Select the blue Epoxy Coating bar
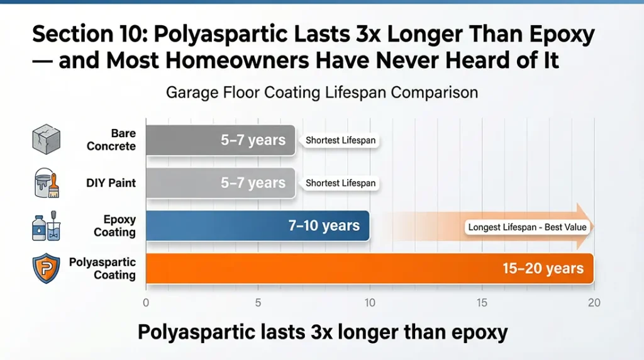click(220, 225)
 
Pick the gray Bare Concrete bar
click(189, 140)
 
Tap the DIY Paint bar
click(189, 183)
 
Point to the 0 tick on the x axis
click(146, 303)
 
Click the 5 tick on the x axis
click(258, 303)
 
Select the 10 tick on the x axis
click(370, 303)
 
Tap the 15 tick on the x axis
click(482, 303)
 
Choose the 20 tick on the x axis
click(594, 303)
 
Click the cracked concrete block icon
click(46, 139)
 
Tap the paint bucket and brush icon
click(45, 183)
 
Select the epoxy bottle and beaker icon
click(46, 226)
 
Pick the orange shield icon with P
click(45, 269)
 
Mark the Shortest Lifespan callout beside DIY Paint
click(340, 184)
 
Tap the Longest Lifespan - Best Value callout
click(526, 227)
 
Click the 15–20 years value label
click(543, 269)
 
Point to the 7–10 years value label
click(324, 225)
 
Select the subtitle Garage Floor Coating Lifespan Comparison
click(322, 93)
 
